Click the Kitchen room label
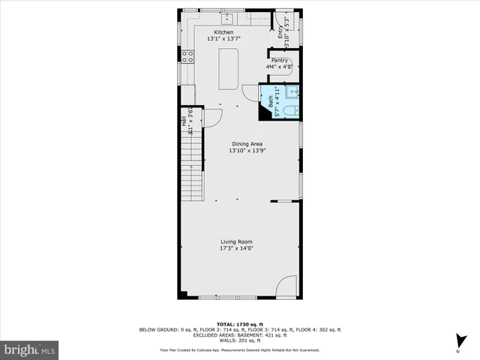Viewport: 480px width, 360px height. pyautogui.click(x=223, y=32)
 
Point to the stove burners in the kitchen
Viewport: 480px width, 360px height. pyautogui.click(x=186, y=55)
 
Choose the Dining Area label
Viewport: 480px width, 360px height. pyautogui.click(x=246, y=144)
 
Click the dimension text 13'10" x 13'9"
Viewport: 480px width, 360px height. pyautogui.click(x=246, y=151)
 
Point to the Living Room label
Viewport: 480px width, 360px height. pyautogui.click(x=235, y=241)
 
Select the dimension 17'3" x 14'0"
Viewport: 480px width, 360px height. pyautogui.click(x=235, y=248)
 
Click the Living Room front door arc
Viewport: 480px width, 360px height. pyautogui.click(x=286, y=286)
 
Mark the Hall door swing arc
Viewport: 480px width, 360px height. pyautogui.click(x=212, y=117)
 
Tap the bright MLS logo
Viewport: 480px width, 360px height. pyautogui.click(x=30, y=349)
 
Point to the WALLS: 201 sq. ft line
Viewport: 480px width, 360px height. pyautogui.click(x=239, y=341)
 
